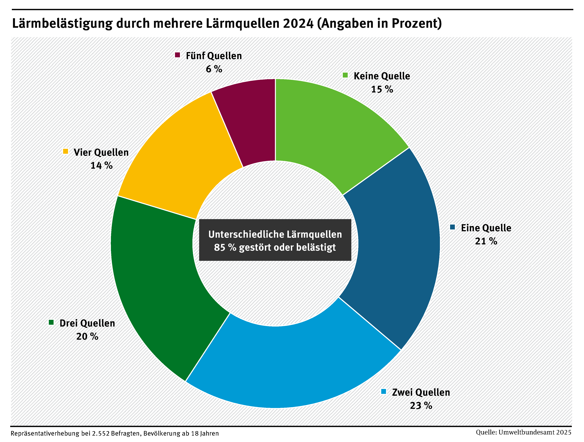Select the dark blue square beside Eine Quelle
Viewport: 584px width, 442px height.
tap(453, 227)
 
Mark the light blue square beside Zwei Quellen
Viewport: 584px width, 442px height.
tap(384, 392)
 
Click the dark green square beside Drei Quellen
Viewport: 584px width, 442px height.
tap(51, 322)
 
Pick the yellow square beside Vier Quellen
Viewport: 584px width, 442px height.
tap(65, 151)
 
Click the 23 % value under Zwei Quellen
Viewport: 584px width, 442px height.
tap(421, 406)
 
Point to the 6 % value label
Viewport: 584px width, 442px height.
tap(214, 69)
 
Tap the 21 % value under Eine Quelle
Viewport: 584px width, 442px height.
tap(486, 241)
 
